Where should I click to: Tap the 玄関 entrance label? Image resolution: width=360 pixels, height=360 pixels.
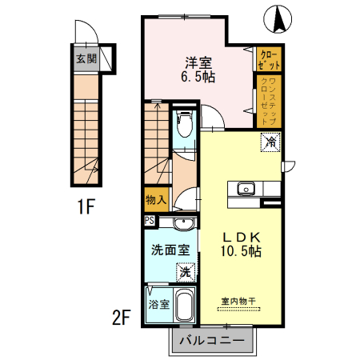[86, 58]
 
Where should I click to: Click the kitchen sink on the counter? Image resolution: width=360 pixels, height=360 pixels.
[245, 190]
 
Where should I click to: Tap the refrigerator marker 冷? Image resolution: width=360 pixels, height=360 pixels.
[270, 144]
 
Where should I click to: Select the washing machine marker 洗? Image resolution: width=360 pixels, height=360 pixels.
[184, 272]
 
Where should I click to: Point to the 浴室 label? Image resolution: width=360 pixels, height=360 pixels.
[158, 305]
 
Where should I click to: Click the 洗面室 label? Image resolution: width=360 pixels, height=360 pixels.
[170, 249]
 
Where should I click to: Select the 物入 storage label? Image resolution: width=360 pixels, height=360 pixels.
[155, 199]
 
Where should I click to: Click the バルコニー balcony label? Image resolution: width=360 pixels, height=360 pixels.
[213, 339]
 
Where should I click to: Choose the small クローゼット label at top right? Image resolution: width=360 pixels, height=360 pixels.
[266, 58]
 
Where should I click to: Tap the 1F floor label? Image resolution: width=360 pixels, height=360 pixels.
[86, 209]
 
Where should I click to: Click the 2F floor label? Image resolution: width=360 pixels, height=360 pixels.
[121, 318]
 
